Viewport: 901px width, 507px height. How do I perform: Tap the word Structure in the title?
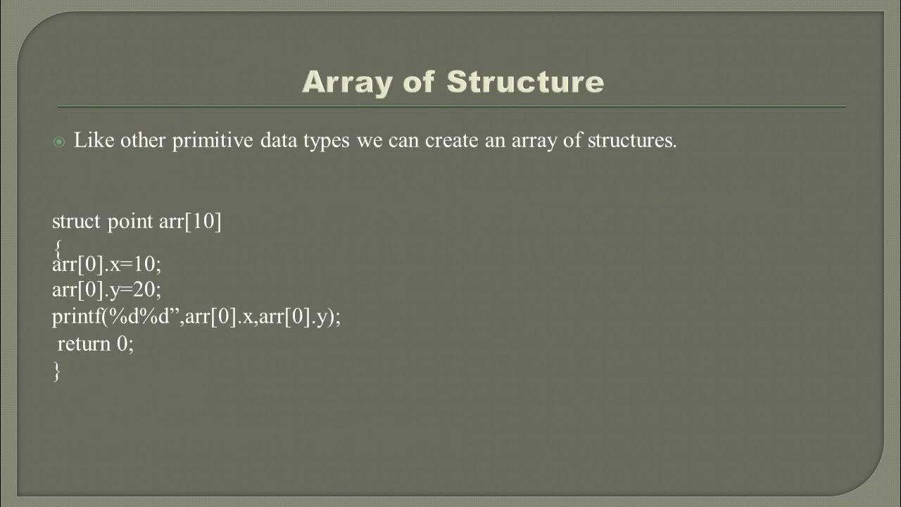pyautogui.click(x=525, y=82)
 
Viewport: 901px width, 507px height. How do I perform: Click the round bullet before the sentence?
pyautogui.click(x=59, y=142)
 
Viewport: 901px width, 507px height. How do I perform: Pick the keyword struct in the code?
pyautogui.click(x=77, y=222)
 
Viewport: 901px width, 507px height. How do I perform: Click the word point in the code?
pyautogui.click(x=131, y=222)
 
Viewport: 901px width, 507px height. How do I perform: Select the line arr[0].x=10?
pyautogui.click(x=107, y=265)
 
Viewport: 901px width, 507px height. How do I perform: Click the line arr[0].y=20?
pyautogui.click(x=107, y=290)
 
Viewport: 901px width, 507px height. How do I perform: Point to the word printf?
pyautogui.click(x=76, y=317)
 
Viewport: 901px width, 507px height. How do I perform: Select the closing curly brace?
pyautogui.click(x=56, y=371)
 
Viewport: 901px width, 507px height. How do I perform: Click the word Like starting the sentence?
pyautogui.click(x=94, y=141)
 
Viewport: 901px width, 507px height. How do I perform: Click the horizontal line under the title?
pyautogui.click(x=450, y=107)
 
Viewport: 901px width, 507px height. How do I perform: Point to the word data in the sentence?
pyautogui.click(x=278, y=141)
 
